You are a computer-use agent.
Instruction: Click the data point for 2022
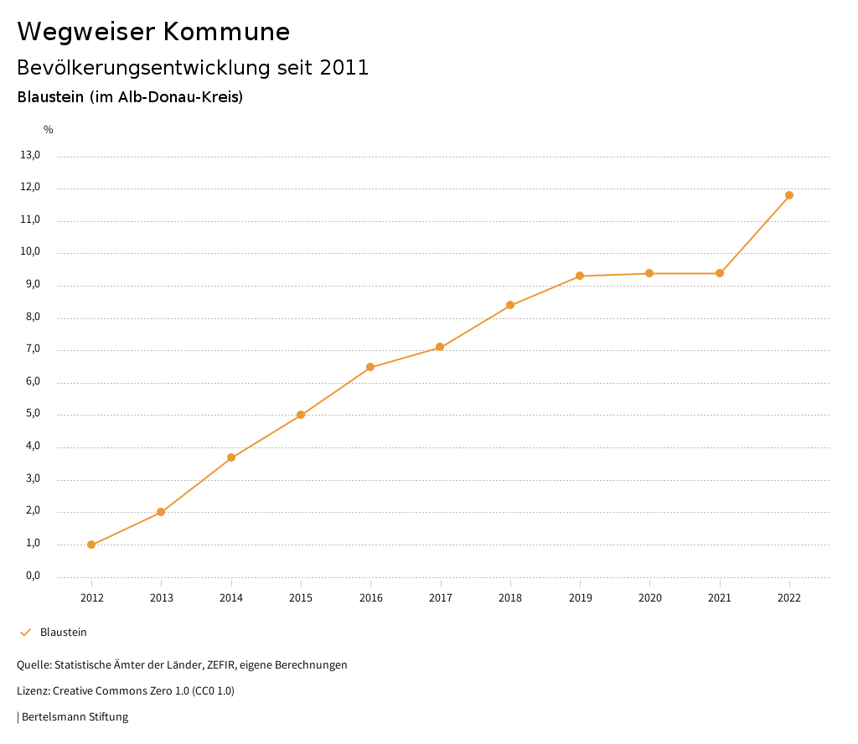click(789, 195)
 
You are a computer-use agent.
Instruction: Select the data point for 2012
click(91, 545)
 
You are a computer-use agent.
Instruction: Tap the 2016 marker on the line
click(370, 367)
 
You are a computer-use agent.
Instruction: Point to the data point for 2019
click(580, 276)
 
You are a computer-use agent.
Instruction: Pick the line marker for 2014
click(231, 457)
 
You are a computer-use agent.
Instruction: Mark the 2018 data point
click(510, 305)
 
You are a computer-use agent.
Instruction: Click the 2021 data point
click(720, 273)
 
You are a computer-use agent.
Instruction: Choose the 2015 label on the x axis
click(301, 597)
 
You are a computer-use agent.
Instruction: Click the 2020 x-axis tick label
click(650, 597)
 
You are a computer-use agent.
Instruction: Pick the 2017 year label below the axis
click(441, 597)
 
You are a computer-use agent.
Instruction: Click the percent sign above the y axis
click(49, 130)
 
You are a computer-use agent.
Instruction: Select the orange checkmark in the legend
click(25, 633)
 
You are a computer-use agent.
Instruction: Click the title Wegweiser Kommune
click(153, 32)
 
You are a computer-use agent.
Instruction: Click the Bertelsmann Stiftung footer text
click(75, 717)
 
